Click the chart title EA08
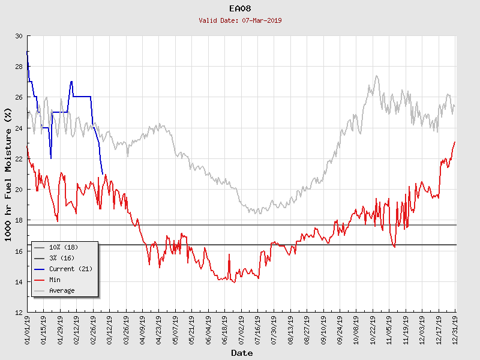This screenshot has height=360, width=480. click(240, 8)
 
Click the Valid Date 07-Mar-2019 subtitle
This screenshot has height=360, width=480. click(240, 20)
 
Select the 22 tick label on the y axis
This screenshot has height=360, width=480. click(19, 159)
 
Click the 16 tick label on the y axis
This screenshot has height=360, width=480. click(19, 251)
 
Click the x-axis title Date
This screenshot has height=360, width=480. click(242, 353)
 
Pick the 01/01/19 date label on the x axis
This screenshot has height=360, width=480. click(28, 328)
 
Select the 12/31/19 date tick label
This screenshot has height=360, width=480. click(455, 328)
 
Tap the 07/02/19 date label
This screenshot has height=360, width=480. click(241, 328)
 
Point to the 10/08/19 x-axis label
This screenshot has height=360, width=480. click(356, 328)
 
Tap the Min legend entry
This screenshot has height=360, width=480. click(55, 280)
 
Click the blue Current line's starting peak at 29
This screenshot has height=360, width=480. click(28, 52)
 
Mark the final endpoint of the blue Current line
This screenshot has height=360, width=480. click(103, 174)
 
